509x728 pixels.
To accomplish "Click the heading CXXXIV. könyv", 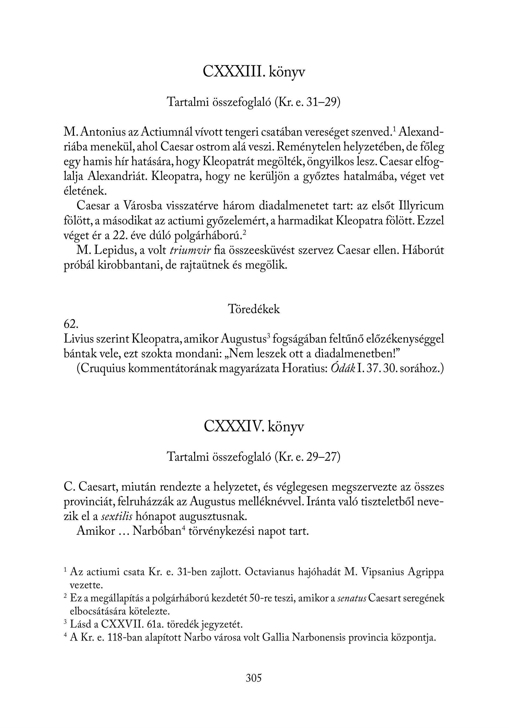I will tap(254, 426).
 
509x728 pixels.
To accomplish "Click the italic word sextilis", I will tap(117, 516).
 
